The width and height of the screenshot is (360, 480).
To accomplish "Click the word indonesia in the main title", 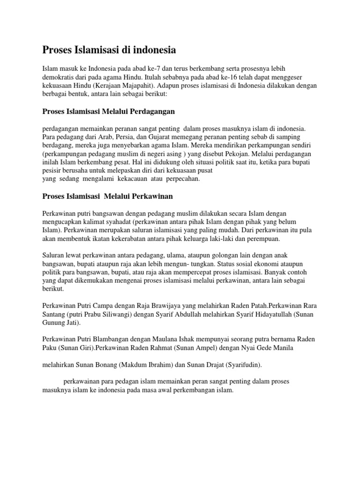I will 151,49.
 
